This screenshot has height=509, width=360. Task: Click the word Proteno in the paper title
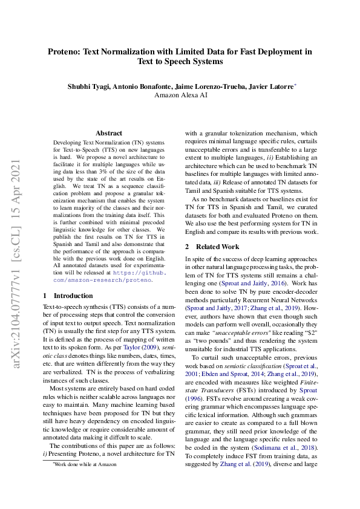(x=67, y=52)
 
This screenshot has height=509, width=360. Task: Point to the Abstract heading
(x=108, y=133)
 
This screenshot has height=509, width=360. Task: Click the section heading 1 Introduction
(x=68, y=296)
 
